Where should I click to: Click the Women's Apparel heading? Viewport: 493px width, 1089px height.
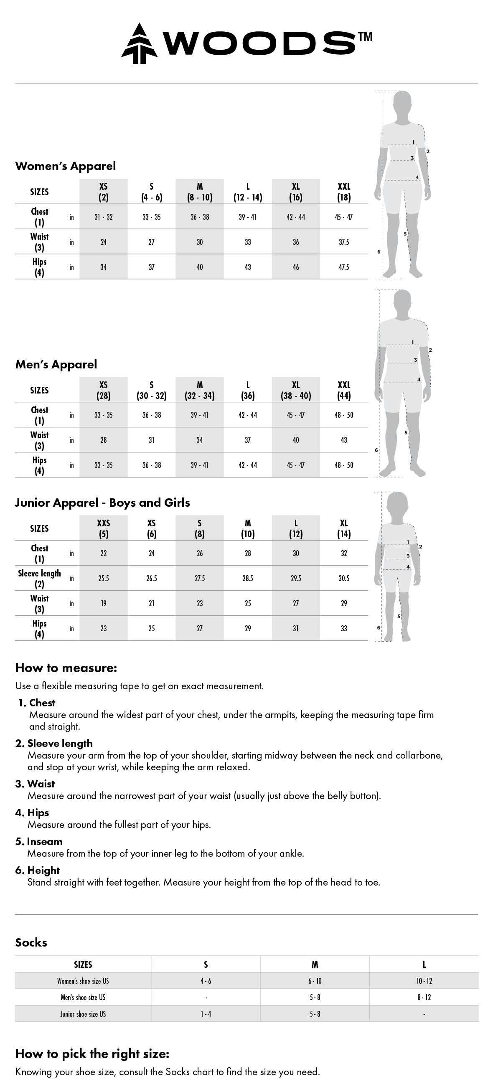pyautogui.click(x=66, y=166)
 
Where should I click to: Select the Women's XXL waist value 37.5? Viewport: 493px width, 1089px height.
pyautogui.click(x=344, y=242)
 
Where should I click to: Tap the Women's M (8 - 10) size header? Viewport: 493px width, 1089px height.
pyautogui.click(x=200, y=191)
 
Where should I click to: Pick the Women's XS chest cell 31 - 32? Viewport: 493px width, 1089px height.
pyautogui.click(x=104, y=217)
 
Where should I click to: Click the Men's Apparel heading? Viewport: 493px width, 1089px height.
pyautogui.click(x=56, y=364)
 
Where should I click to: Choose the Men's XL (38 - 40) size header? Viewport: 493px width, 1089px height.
pyautogui.click(x=295, y=390)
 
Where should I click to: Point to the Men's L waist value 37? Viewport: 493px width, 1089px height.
pyautogui.click(x=248, y=440)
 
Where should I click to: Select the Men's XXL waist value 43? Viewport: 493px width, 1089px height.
pyautogui.click(x=344, y=440)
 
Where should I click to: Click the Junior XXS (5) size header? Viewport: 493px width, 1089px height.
pyautogui.click(x=104, y=528)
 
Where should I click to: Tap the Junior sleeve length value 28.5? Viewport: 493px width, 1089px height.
pyautogui.click(x=248, y=578)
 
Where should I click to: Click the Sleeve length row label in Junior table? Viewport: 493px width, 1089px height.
pyautogui.click(x=39, y=578)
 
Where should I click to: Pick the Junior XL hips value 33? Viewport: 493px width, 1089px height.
pyautogui.click(x=344, y=628)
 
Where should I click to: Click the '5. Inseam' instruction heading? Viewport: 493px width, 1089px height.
pyautogui.click(x=39, y=841)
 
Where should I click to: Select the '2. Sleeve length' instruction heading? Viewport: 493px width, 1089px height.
pyautogui.click(x=54, y=743)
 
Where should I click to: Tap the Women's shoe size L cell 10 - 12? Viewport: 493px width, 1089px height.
pyautogui.click(x=424, y=981)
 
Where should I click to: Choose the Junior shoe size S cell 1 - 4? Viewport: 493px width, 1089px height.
pyautogui.click(x=206, y=1014)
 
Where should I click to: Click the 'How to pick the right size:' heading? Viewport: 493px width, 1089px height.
pyautogui.click(x=92, y=1053)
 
